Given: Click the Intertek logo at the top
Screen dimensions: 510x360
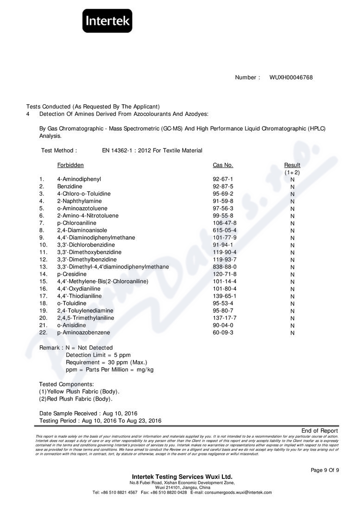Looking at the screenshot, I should tap(107, 21).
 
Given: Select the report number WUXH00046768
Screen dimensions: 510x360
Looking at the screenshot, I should tap(291, 77).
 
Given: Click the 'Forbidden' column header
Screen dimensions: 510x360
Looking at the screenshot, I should tap(70, 165).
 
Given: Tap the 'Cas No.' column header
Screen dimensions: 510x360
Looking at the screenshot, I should tap(223, 165).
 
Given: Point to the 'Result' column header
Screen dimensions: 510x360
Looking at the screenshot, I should tap(292, 165).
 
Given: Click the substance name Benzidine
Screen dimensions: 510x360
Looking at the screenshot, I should tap(69, 186).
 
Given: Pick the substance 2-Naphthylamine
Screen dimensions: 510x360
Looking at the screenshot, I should tap(79, 201).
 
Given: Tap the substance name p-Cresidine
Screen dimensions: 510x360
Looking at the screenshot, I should tap(72, 274).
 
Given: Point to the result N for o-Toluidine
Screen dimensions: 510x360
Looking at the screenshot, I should tap(292, 304).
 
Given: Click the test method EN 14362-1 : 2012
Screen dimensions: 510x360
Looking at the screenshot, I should tap(152, 151).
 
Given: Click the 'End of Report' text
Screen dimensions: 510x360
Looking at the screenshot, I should tap(320, 431).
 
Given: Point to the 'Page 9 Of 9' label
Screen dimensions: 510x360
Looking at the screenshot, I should tap(325, 470).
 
